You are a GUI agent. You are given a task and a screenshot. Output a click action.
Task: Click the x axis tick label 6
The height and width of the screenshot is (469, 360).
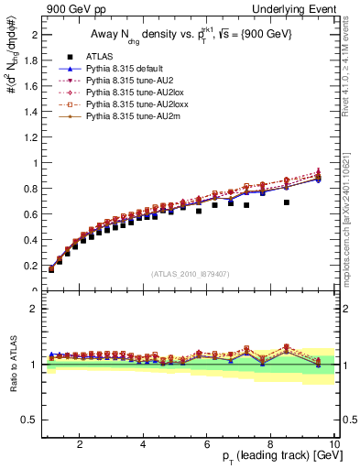[207, 443]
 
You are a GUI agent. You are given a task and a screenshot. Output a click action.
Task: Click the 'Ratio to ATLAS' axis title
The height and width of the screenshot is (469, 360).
[11, 364]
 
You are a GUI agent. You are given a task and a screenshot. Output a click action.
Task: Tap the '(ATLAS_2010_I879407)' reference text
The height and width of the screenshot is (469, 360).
[189, 274]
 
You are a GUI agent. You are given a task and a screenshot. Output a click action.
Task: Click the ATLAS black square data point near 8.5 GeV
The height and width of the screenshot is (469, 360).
[287, 202]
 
